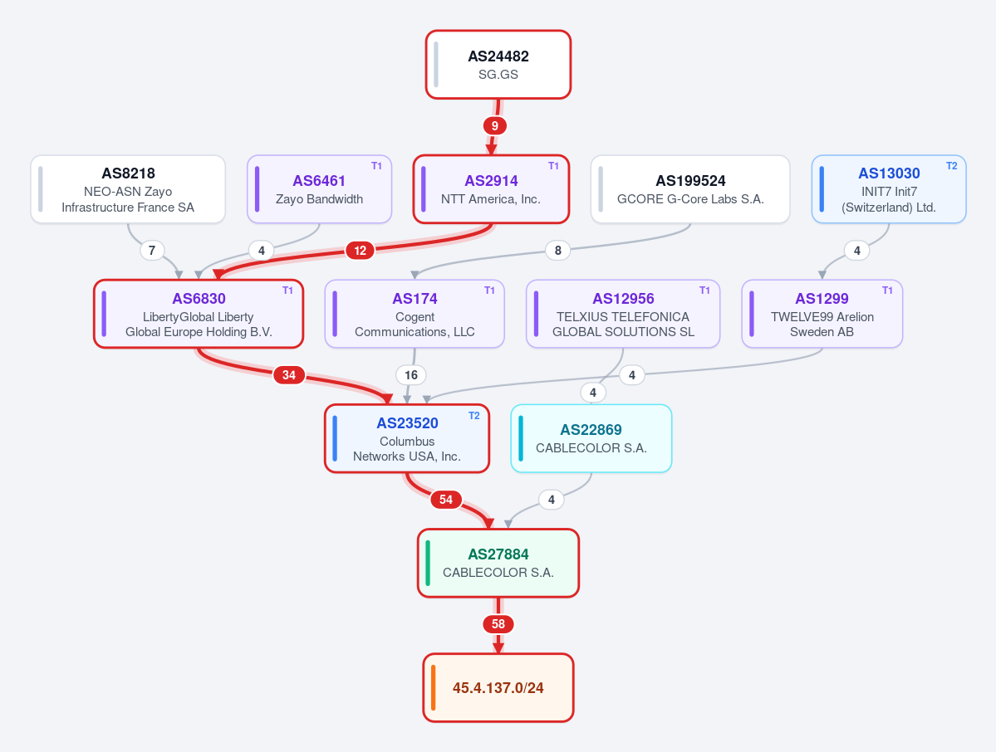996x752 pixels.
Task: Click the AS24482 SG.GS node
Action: [x=498, y=65]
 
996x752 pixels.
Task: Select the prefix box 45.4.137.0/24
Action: [x=498, y=687]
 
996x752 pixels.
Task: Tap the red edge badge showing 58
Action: [x=498, y=624]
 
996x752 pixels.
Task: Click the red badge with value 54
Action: [x=446, y=500]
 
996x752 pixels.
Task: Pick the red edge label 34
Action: [x=289, y=375]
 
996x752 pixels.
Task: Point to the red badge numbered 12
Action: [x=361, y=251]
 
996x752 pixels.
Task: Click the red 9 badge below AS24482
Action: [x=495, y=125]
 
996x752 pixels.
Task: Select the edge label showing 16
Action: [x=411, y=375]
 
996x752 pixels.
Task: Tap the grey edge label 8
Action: [x=557, y=251]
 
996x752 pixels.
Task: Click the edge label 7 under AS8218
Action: [x=152, y=251]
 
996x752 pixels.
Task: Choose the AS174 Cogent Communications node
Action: [x=415, y=314]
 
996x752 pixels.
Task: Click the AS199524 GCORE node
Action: [x=690, y=189]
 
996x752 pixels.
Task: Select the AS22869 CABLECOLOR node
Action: [x=591, y=438]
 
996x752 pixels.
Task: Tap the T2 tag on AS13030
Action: [x=951, y=166]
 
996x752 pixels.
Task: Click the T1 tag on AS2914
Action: [x=553, y=166]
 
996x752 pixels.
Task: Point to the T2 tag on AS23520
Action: [x=473, y=416]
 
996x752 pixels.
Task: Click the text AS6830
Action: [x=199, y=299]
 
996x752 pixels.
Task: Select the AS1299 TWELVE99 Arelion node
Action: [x=822, y=314]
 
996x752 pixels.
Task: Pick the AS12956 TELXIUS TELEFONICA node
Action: [x=623, y=314]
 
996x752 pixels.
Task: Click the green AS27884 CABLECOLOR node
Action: [x=498, y=563]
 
